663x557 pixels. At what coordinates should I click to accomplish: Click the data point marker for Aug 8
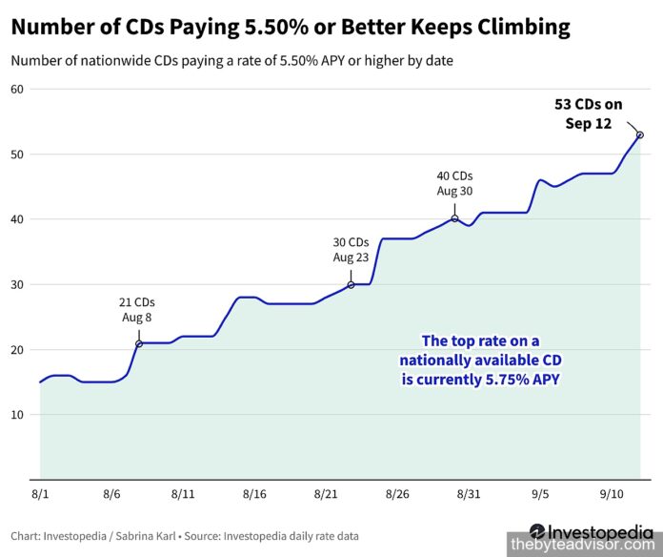139,343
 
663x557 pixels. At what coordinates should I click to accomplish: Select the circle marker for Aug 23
351,285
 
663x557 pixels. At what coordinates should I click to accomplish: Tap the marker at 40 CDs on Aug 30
454,218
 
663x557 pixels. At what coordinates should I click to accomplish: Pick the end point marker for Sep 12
640,134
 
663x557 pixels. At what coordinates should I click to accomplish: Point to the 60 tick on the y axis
17,90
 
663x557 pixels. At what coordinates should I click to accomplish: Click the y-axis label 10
17,415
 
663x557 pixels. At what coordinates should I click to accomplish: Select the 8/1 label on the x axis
40,494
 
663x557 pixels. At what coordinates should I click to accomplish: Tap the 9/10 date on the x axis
612,494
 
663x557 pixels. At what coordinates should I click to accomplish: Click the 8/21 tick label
326,494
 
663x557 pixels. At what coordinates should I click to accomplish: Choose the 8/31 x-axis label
469,494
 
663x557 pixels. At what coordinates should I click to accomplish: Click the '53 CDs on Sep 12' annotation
588,113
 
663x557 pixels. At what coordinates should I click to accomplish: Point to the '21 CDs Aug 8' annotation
136,310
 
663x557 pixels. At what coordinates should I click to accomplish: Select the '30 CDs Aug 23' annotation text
351,250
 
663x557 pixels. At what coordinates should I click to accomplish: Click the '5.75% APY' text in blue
522,379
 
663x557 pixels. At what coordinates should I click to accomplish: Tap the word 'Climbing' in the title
524,28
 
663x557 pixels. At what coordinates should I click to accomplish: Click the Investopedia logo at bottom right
591,530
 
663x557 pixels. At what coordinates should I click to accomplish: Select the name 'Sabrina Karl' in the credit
146,536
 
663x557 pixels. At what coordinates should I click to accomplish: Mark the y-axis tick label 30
17,284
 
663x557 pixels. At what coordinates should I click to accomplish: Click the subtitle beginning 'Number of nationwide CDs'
231,60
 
